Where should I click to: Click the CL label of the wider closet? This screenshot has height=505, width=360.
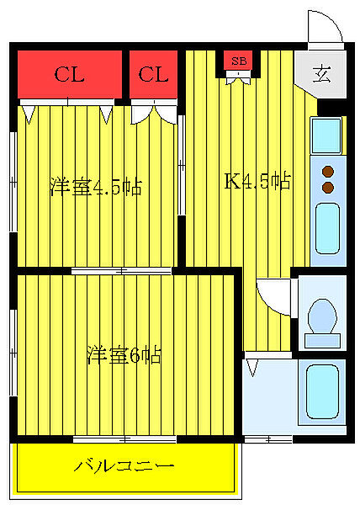point(70,75)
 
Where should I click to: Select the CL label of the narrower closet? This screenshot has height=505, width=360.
point(153,75)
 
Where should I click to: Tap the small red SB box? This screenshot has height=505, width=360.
point(239,61)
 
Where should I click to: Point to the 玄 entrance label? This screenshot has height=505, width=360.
point(322,72)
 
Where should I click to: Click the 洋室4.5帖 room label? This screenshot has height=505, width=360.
point(94,186)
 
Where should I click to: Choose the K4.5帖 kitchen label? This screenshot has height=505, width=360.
point(257,180)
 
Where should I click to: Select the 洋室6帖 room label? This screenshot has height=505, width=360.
point(124,355)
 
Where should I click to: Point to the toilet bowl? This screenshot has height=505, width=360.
point(322,317)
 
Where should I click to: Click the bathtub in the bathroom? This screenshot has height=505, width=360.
point(322,391)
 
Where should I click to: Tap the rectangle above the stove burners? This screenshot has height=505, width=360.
point(326,135)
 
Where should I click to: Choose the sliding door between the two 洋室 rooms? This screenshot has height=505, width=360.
point(123,271)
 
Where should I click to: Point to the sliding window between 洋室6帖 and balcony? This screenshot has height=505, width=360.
point(123,439)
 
